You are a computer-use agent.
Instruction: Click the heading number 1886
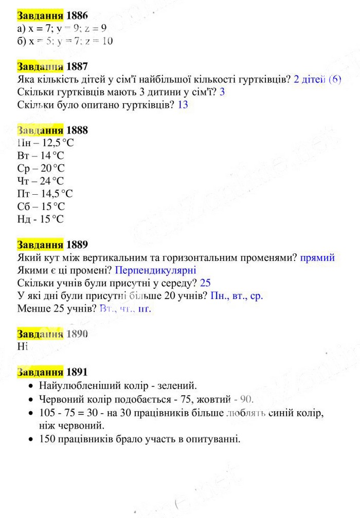77,16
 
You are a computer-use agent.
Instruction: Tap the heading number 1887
77,66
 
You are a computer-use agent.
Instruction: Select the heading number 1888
77,130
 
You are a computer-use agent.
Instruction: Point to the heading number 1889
77,244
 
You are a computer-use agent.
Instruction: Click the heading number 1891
77,372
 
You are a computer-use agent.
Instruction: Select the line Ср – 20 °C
41,168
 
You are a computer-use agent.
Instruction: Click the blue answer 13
183,105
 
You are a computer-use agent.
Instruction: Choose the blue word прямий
317,257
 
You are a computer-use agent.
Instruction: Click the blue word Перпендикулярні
156,270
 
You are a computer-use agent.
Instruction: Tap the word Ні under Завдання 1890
22,346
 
